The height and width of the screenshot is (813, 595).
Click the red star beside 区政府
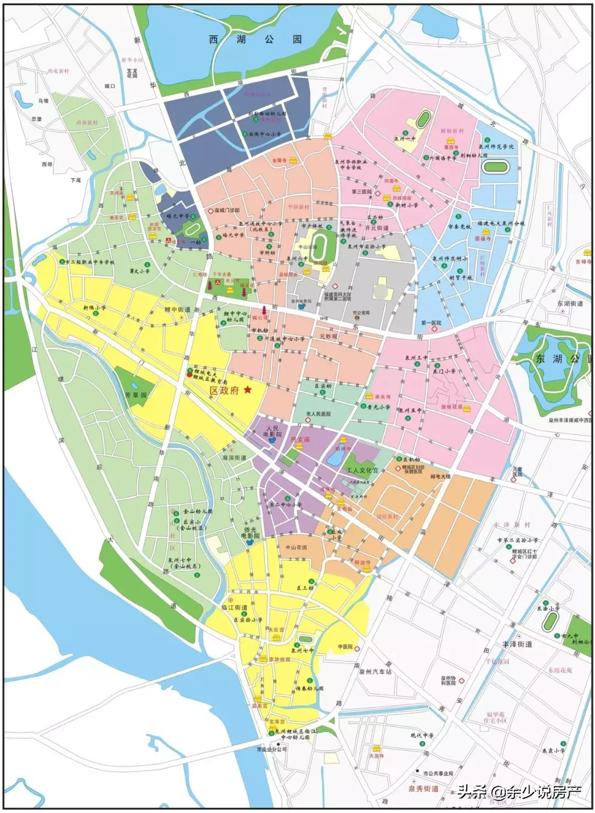coord(247,390)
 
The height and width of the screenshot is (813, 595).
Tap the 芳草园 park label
coord(136,395)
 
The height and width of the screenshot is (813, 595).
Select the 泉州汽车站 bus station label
coord(375,672)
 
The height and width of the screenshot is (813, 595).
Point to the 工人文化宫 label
coord(362,471)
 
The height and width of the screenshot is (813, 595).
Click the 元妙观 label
coord(328,336)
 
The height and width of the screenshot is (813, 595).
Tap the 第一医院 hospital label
coord(431,323)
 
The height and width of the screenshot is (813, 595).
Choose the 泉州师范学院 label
coord(495,147)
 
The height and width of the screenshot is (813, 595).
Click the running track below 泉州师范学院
coord(496,166)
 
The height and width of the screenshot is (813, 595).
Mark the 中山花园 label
coord(296,547)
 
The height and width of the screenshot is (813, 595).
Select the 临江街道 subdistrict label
coord(235,607)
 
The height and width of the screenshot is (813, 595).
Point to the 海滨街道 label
coord(234,458)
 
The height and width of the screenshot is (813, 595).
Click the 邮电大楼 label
coord(440,476)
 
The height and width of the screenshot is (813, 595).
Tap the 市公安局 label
coord(361,313)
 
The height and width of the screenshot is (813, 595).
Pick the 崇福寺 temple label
coord(483,239)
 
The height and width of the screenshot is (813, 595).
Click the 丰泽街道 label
coord(517,644)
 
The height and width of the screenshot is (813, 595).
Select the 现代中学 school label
coord(422,735)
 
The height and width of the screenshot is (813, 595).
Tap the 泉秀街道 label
coord(423,789)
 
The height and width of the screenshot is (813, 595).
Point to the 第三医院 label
coord(361,192)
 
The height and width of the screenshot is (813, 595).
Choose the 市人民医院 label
coord(318,413)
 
